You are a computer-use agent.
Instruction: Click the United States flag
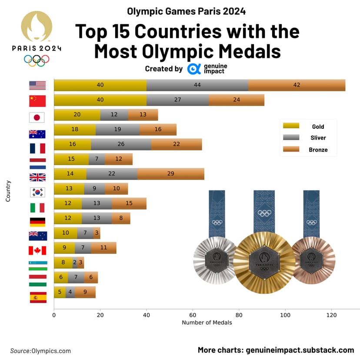click(37, 85)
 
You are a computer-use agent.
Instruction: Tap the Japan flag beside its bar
click(37, 117)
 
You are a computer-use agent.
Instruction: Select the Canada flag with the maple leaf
click(37, 250)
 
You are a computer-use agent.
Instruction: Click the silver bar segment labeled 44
click(197, 85)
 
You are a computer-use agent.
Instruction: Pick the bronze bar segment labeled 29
click(171, 174)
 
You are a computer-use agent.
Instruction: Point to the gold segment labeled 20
click(77, 115)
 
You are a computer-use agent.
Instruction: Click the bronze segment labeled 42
click(297, 85)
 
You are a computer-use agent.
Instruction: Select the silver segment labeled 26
click(121, 144)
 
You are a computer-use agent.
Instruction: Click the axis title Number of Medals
click(207, 323)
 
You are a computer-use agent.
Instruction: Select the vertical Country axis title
click(8, 191)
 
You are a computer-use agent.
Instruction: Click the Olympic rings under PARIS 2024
click(37, 60)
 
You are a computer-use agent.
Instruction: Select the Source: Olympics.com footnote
click(40, 351)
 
